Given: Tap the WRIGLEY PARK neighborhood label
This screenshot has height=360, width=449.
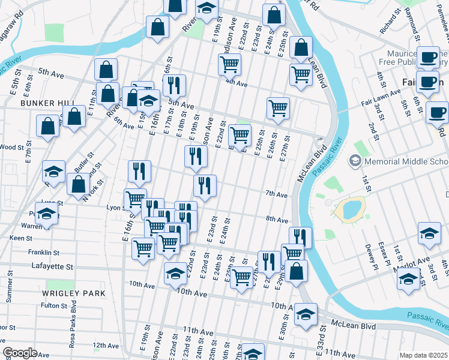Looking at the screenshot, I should pyautogui.click(x=74, y=293).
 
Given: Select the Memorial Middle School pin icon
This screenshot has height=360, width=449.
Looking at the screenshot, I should pyautogui.click(x=355, y=161).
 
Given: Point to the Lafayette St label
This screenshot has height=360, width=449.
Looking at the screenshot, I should pyautogui.click(x=52, y=266).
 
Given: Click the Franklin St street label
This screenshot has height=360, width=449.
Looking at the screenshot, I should pyautogui.click(x=47, y=253).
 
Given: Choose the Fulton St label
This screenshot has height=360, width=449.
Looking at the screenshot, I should pyautogui.click(x=53, y=305).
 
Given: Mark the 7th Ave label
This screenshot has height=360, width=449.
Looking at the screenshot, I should pyautogui.click(x=277, y=194).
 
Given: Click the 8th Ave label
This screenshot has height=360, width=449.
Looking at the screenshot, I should pyautogui.click(x=277, y=220).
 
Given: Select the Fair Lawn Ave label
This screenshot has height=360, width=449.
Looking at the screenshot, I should pyautogui.click(x=381, y=94).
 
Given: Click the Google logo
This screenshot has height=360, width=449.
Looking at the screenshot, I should pyautogui.click(x=20, y=352).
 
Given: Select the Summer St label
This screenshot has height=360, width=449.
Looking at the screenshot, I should pyautogui.click(x=9, y=294).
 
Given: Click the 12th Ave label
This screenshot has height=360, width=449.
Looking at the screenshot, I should pyautogui.click(x=106, y=346).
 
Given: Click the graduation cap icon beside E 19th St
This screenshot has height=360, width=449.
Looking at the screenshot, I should pyautogui.click(x=206, y=9).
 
